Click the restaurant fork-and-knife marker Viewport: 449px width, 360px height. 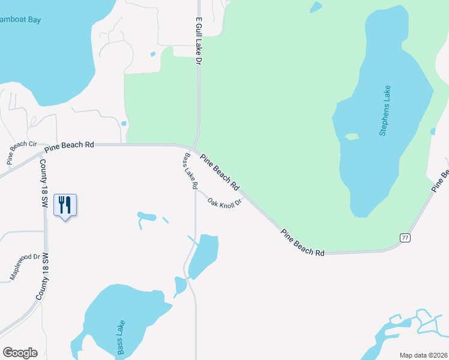[65, 205]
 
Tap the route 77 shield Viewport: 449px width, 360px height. [405, 238]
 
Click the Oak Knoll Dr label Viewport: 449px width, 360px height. [224, 202]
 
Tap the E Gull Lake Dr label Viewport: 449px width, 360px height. [197, 41]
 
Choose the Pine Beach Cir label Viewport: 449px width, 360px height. [22, 153]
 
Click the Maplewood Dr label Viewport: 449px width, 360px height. [25, 267]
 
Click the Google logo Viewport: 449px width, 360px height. [20, 353]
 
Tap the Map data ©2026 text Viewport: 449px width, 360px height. [423, 355]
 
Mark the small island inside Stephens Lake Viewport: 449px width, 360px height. [352, 137]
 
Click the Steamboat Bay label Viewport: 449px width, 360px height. [21, 20]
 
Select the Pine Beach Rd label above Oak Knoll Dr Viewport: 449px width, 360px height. [220, 171]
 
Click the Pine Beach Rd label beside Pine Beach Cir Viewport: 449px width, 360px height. [73, 145]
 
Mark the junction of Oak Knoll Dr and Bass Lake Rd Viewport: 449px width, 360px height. [196, 191]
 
